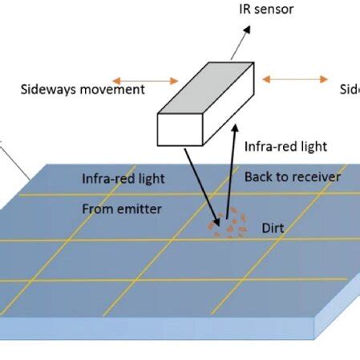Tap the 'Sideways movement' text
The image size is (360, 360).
tap(83, 89)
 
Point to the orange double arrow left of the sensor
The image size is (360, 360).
tap(145, 80)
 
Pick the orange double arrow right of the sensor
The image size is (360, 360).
tap(295, 79)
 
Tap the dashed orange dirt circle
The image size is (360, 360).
tap(228, 223)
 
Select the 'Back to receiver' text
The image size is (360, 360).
tap(293, 176)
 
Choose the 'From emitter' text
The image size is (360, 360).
tap(122, 208)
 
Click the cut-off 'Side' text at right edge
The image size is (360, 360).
tap(350, 89)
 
